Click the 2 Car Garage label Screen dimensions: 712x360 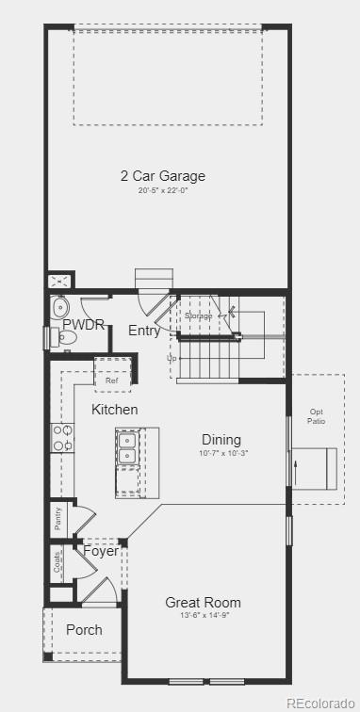point(162,175)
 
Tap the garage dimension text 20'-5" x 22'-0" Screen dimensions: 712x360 point(162,191)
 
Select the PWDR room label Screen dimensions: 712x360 point(83,325)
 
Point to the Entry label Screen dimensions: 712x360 point(144,331)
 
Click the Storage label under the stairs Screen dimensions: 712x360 point(199,316)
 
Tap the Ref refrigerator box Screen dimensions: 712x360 point(112,380)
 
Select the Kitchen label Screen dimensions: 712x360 point(115,410)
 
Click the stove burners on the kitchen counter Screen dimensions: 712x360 point(62,437)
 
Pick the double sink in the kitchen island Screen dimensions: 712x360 point(128,448)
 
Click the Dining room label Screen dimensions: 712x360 point(221,440)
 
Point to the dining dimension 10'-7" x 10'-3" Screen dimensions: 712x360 point(222,454)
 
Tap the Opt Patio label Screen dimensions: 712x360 point(316,416)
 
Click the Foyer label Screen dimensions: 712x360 point(101,551)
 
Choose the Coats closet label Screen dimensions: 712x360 point(57,563)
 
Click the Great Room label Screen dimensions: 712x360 point(203,602)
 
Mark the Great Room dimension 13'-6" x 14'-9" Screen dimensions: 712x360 point(204,616)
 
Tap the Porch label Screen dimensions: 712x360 point(84,629)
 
